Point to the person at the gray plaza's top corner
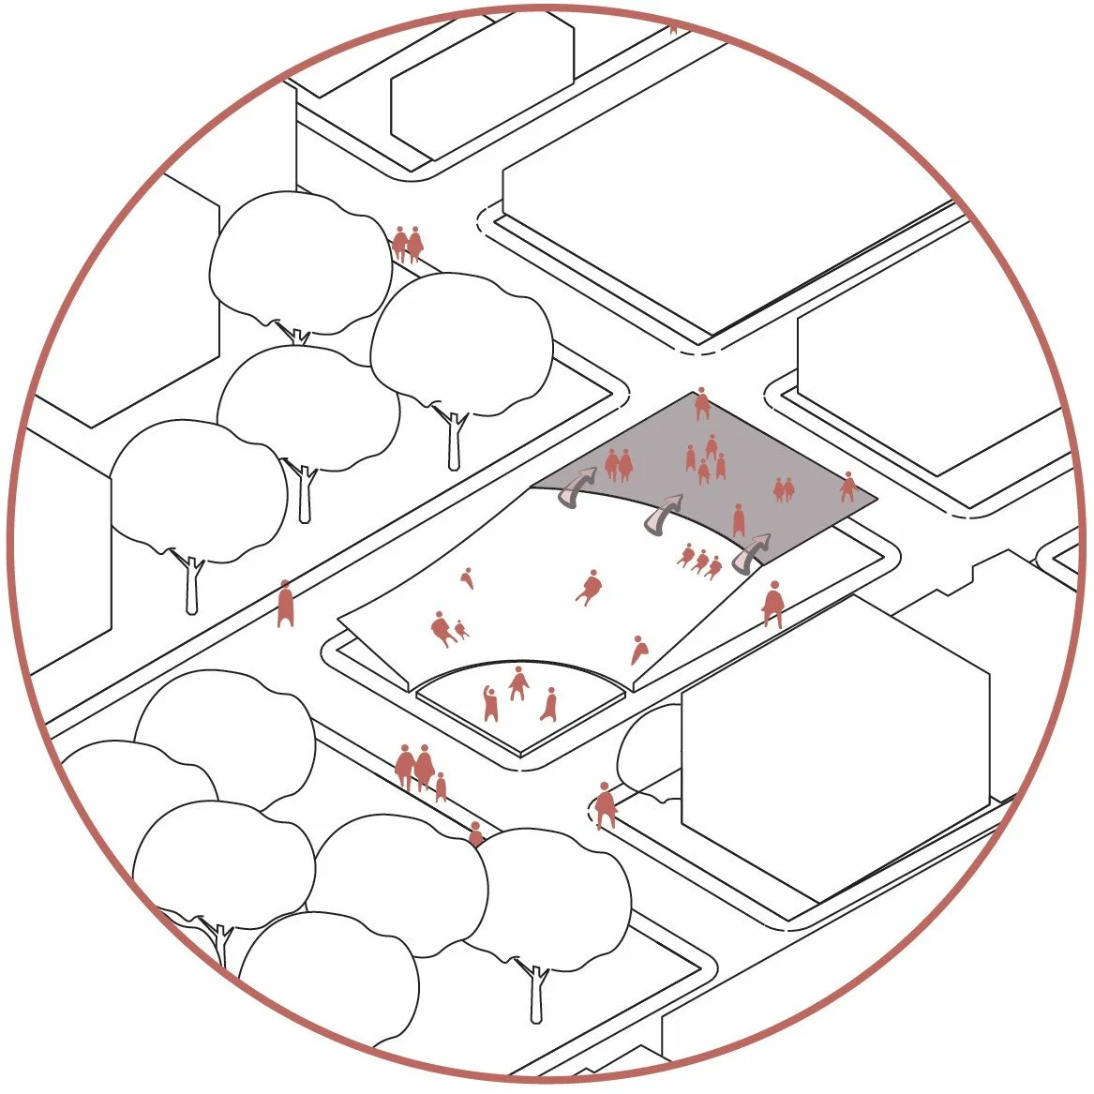tap(701, 405)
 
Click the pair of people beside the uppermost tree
tap(407, 244)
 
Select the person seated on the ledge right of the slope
tap(773, 604)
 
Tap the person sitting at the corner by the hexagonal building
tap(605, 804)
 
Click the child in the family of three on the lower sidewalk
tap(441, 787)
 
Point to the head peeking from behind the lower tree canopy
tap(475, 832)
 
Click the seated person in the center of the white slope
tap(590, 588)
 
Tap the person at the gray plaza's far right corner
tap(848, 487)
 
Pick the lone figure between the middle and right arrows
tap(739, 519)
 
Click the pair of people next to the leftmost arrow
tap(619, 464)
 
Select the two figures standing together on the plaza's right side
tap(783, 488)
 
